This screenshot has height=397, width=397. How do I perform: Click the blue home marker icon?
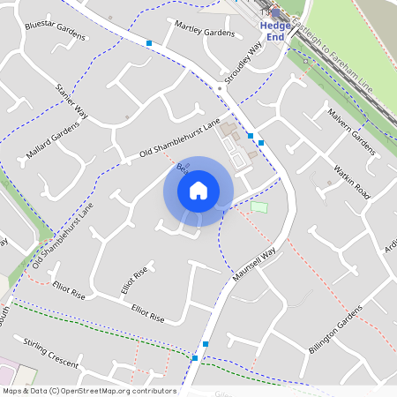click(198, 191)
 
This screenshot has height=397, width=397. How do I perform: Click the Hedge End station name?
click(274, 31)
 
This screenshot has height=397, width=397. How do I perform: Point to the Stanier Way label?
click(72, 101)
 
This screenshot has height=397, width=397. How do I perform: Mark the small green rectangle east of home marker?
click(258, 206)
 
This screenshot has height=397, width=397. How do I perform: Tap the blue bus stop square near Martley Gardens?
click(149, 42)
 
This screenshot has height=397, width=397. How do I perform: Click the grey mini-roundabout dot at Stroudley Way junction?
click(218, 88)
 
